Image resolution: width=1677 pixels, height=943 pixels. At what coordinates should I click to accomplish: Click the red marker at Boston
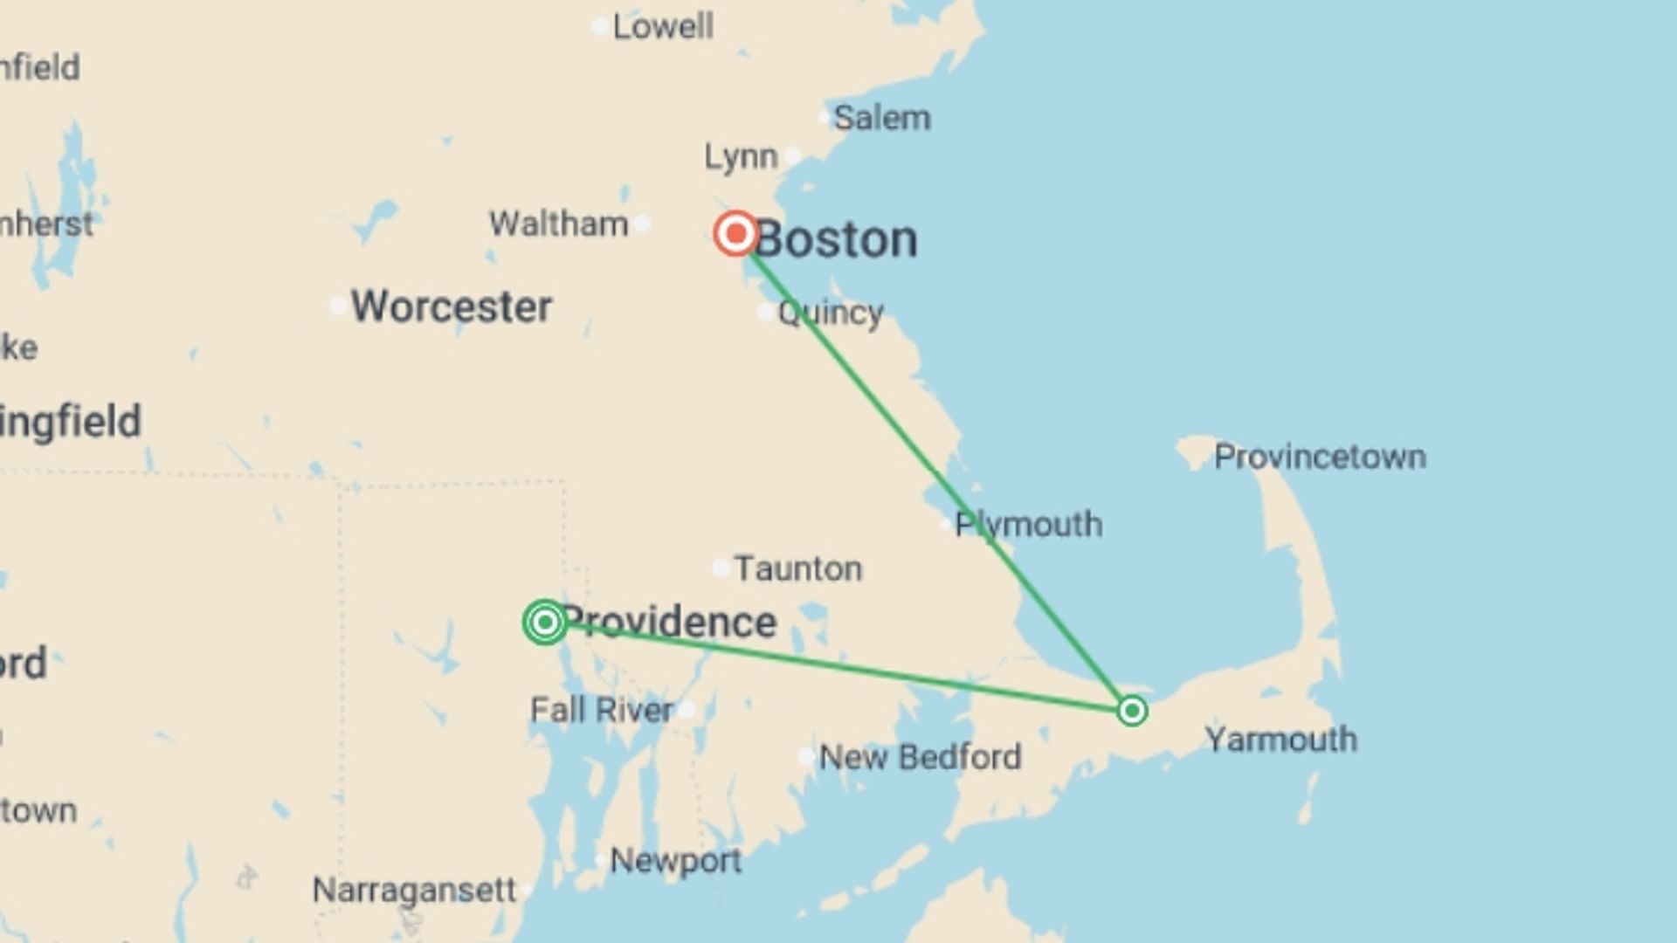[x=735, y=233]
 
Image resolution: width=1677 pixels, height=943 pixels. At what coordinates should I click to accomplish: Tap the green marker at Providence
[x=545, y=623]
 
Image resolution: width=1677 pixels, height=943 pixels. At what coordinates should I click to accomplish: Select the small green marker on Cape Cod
[x=1132, y=711]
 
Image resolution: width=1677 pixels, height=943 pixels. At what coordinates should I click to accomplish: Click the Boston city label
[x=836, y=239]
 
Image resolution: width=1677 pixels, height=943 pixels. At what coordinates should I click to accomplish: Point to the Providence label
[x=669, y=622]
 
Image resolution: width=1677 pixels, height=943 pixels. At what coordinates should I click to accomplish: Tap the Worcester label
[x=452, y=306]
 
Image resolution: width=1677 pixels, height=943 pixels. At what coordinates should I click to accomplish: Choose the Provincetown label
[x=1320, y=457]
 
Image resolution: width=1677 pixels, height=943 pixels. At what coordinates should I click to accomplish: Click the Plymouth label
[x=1028, y=525]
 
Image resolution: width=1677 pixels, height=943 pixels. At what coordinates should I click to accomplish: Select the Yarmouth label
[x=1280, y=740]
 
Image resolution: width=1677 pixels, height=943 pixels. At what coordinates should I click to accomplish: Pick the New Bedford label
[x=920, y=757]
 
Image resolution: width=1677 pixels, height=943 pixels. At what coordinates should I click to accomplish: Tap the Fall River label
[x=602, y=710]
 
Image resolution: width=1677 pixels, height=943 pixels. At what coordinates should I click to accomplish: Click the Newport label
[x=675, y=861]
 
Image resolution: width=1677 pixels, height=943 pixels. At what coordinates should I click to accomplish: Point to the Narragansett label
[x=414, y=891]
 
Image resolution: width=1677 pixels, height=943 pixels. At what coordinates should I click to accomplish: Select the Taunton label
[x=797, y=569]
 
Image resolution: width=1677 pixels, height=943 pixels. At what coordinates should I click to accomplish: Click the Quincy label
[x=830, y=313]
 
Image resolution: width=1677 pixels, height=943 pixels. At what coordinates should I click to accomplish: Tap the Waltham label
[x=558, y=224]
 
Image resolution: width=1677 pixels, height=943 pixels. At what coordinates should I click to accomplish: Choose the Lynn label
[x=741, y=157]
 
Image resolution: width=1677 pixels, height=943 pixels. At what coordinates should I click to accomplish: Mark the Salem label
[x=881, y=118]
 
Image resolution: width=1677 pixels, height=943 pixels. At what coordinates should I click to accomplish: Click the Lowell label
[x=663, y=27]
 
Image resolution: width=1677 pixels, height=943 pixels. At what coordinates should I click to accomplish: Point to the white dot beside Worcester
[x=338, y=306]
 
